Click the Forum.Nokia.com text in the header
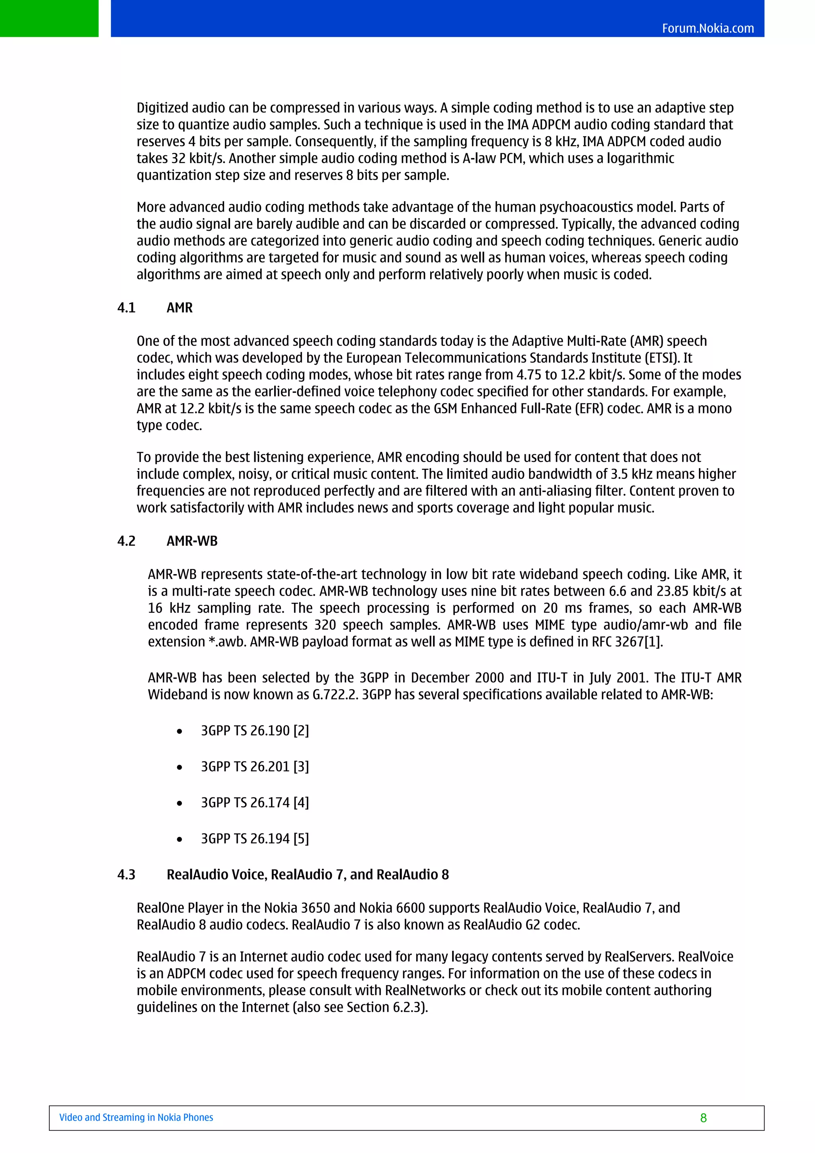(x=708, y=28)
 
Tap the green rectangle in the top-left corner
(x=49, y=19)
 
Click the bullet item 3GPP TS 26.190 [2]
(x=255, y=730)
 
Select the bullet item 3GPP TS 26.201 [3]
(x=255, y=766)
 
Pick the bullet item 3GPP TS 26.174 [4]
(x=255, y=802)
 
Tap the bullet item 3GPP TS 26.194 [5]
(x=255, y=839)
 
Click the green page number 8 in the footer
(x=703, y=1118)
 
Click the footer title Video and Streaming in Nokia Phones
(x=136, y=1117)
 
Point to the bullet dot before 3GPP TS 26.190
(x=179, y=732)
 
